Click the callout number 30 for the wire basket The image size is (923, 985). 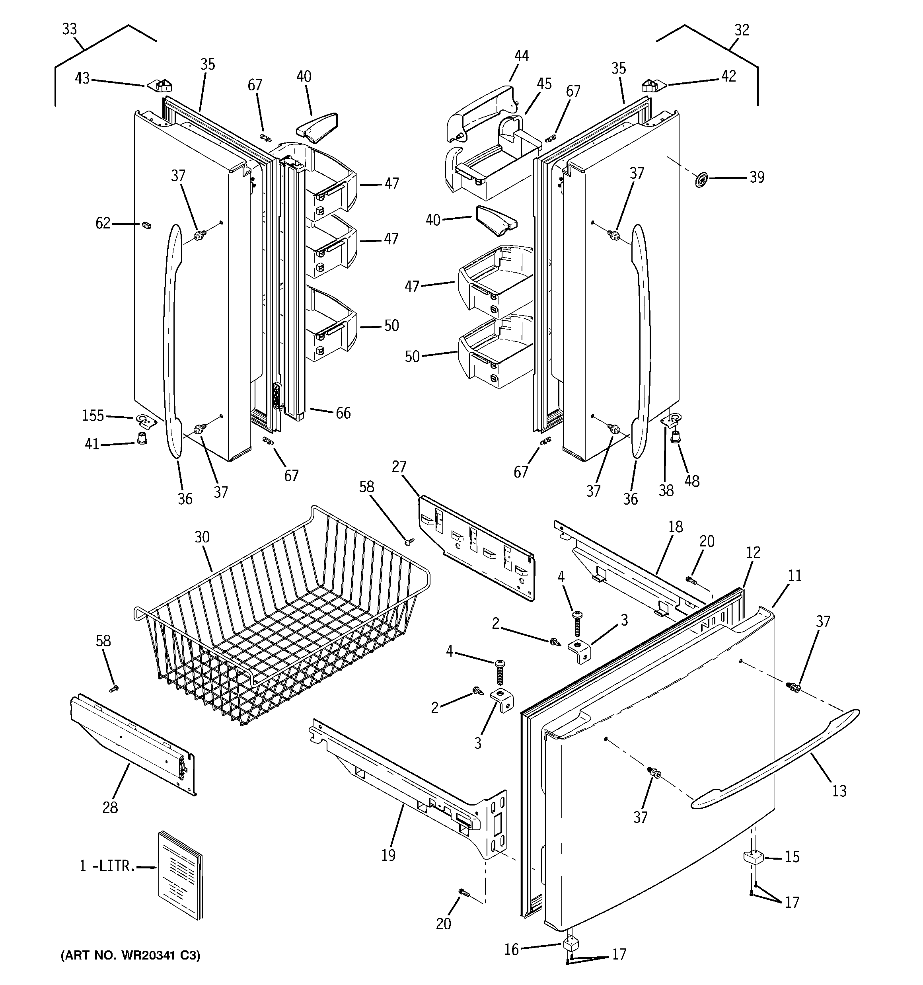[x=202, y=537]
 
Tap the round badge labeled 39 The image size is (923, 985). [x=701, y=180]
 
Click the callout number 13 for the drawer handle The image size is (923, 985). [x=839, y=791]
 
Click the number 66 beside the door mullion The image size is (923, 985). [x=343, y=413]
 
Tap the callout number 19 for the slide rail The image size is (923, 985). [x=388, y=855]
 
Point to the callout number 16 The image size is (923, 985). [x=511, y=949]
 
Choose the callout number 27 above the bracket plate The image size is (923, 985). [x=399, y=467]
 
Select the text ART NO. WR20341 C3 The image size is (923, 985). [x=130, y=956]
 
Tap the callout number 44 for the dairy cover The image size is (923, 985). [x=521, y=55]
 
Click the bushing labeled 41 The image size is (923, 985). [x=141, y=438]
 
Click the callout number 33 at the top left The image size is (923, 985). [x=69, y=29]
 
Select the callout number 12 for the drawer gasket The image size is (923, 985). [x=753, y=552]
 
